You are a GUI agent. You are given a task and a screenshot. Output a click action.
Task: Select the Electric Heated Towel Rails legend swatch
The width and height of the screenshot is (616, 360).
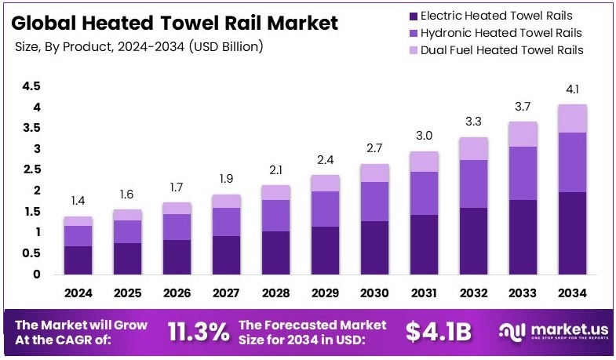click(x=412, y=16)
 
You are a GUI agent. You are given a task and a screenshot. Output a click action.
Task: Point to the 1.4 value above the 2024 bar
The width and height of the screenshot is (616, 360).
click(x=78, y=202)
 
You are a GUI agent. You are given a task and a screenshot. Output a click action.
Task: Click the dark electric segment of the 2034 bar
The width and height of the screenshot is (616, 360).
click(x=571, y=233)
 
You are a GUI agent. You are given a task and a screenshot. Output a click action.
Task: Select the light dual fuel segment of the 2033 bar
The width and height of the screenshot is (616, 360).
click(x=522, y=134)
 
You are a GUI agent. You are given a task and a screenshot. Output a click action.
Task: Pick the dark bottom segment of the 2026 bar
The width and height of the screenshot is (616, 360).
click(x=177, y=257)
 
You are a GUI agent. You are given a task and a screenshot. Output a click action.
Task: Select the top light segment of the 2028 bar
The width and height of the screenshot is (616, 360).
click(x=275, y=192)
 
